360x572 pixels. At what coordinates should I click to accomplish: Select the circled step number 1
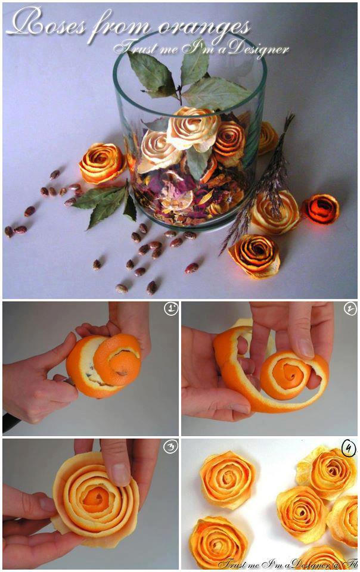[170, 309]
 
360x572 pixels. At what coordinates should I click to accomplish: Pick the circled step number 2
[350, 309]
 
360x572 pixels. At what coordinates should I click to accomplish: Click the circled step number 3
[170, 446]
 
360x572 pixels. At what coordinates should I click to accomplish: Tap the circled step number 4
[349, 449]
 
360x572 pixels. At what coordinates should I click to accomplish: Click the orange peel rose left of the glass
[102, 162]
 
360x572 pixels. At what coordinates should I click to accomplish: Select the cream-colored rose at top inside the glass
[193, 128]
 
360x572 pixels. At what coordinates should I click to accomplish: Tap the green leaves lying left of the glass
[105, 202]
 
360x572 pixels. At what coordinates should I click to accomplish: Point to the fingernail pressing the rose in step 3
[120, 474]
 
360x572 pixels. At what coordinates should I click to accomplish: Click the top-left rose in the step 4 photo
[227, 479]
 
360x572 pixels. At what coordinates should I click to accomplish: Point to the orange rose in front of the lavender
[255, 256]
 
